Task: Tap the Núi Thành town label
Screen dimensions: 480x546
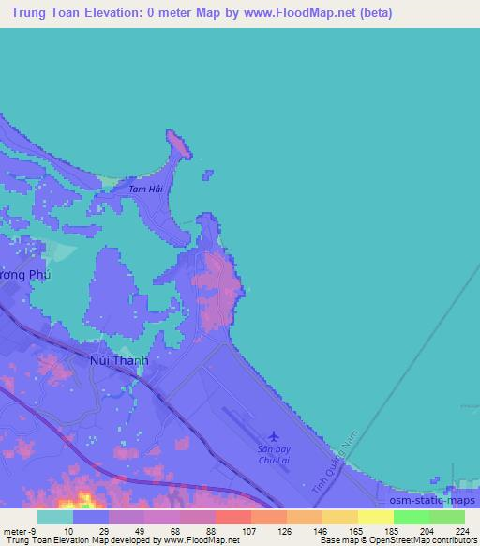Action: (x=118, y=358)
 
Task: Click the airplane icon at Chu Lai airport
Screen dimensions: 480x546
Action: (x=274, y=435)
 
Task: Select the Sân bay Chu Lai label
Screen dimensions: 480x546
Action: (x=274, y=455)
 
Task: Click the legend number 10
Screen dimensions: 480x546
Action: (x=67, y=530)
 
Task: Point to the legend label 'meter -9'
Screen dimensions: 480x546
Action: (x=20, y=530)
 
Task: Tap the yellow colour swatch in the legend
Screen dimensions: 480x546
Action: (x=375, y=517)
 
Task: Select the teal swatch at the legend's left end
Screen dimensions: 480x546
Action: (x=55, y=517)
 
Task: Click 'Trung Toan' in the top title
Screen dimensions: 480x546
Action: (x=46, y=13)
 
